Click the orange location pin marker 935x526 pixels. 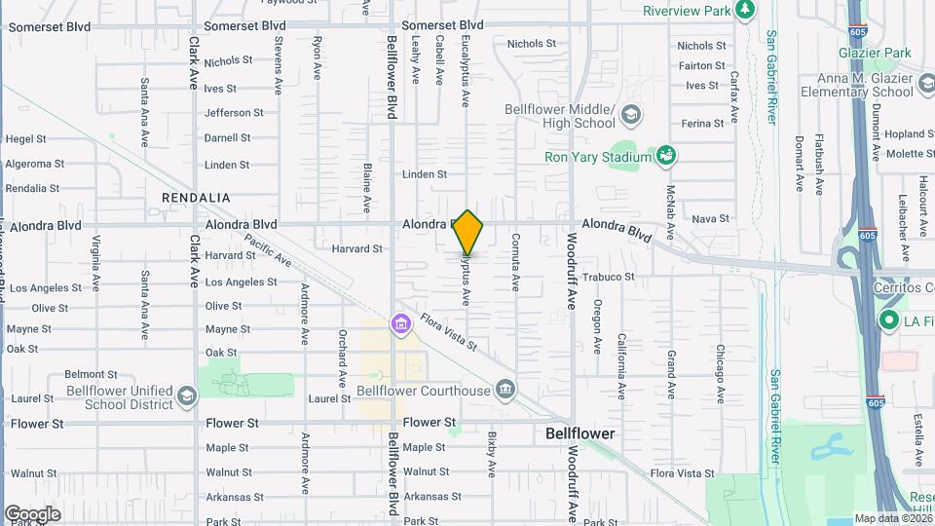tap(468, 232)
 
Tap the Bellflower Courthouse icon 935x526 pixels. tap(505, 392)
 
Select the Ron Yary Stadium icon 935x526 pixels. tap(666, 156)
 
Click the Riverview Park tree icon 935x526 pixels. tap(746, 10)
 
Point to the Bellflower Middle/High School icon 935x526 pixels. tap(630, 116)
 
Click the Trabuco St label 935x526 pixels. tap(611, 277)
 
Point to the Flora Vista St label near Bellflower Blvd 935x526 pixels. tap(450, 332)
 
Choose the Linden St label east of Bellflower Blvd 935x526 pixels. tap(425, 174)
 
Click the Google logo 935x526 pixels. tap(32, 514)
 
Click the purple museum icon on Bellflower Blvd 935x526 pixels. tap(399, 323)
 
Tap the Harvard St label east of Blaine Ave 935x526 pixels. tap(356, 249)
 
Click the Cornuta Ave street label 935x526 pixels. tap(515, 262)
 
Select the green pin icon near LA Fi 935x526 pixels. tap(888, 320)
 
